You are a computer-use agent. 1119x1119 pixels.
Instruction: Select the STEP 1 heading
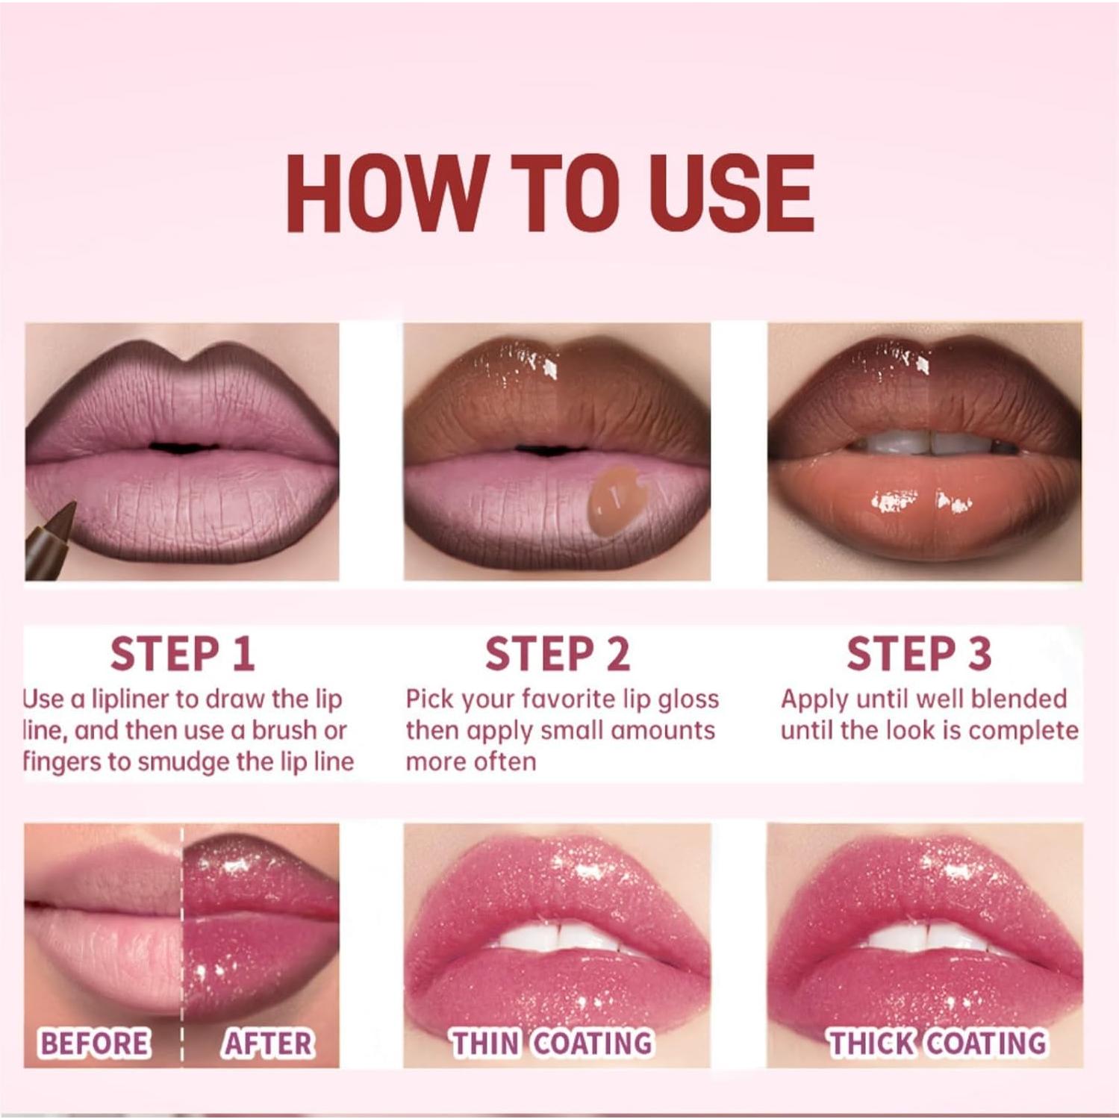point(182,654)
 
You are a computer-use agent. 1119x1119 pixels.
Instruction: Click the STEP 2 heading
point(557,654)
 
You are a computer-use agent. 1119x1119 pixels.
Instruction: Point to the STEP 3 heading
point(918,654)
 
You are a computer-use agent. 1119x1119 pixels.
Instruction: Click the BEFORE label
point(94,1043)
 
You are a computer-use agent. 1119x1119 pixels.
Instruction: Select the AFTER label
point(267,1043)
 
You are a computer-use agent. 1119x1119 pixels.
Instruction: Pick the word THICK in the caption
point(873,1043)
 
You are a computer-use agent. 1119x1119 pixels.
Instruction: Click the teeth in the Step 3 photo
point(926,444)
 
